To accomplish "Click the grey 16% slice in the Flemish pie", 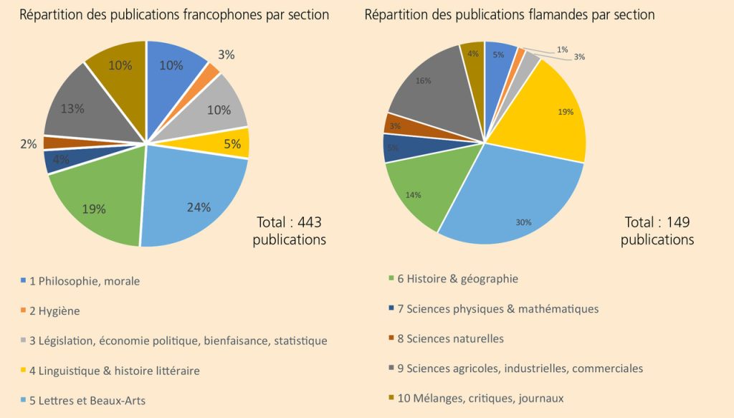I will pos(430,86).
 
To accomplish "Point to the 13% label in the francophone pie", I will pos(73,109).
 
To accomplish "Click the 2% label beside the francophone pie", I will pos(28,143).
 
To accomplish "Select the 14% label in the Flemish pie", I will pos(413,194).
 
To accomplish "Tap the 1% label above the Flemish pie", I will pos(562,49).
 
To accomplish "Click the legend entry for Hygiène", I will pos(54,311).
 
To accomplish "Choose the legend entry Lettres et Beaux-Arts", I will pos(87,400).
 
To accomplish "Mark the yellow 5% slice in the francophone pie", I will pos(233,143).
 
